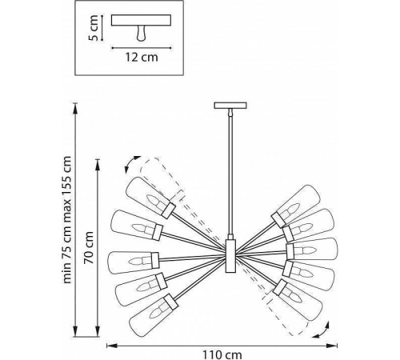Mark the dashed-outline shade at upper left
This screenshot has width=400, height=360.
pos(165,181)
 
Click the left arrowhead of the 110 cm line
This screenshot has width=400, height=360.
pos(110,344)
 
